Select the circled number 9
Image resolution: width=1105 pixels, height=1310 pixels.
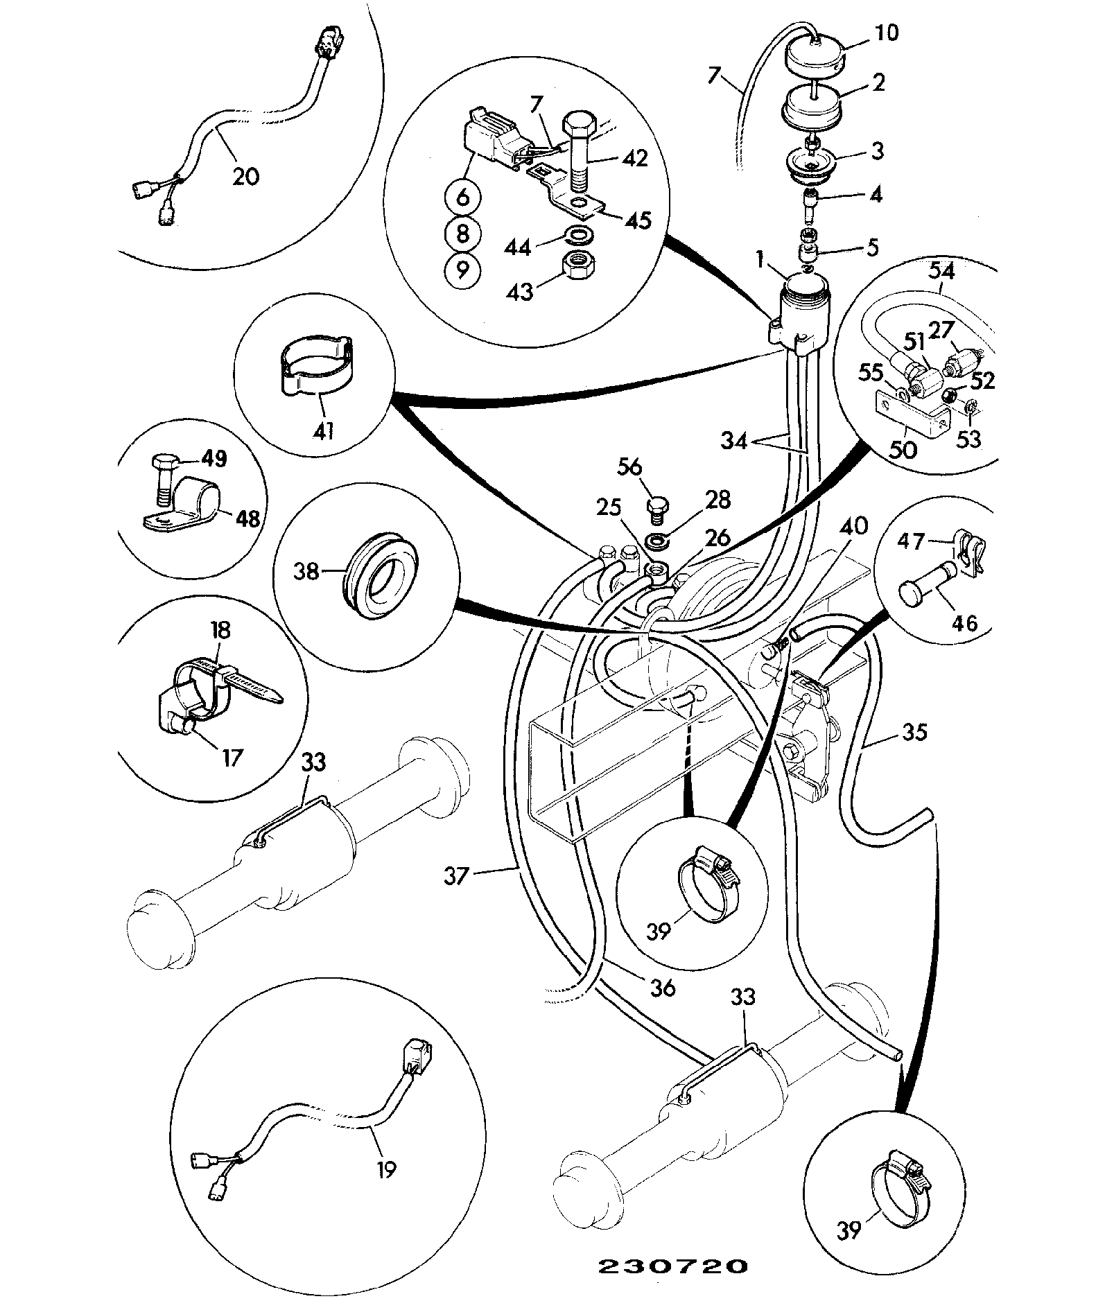(x=463, y=270)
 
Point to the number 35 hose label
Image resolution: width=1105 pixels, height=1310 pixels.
(x=915, y=732)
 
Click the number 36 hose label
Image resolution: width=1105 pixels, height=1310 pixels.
(x=663, y=986)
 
